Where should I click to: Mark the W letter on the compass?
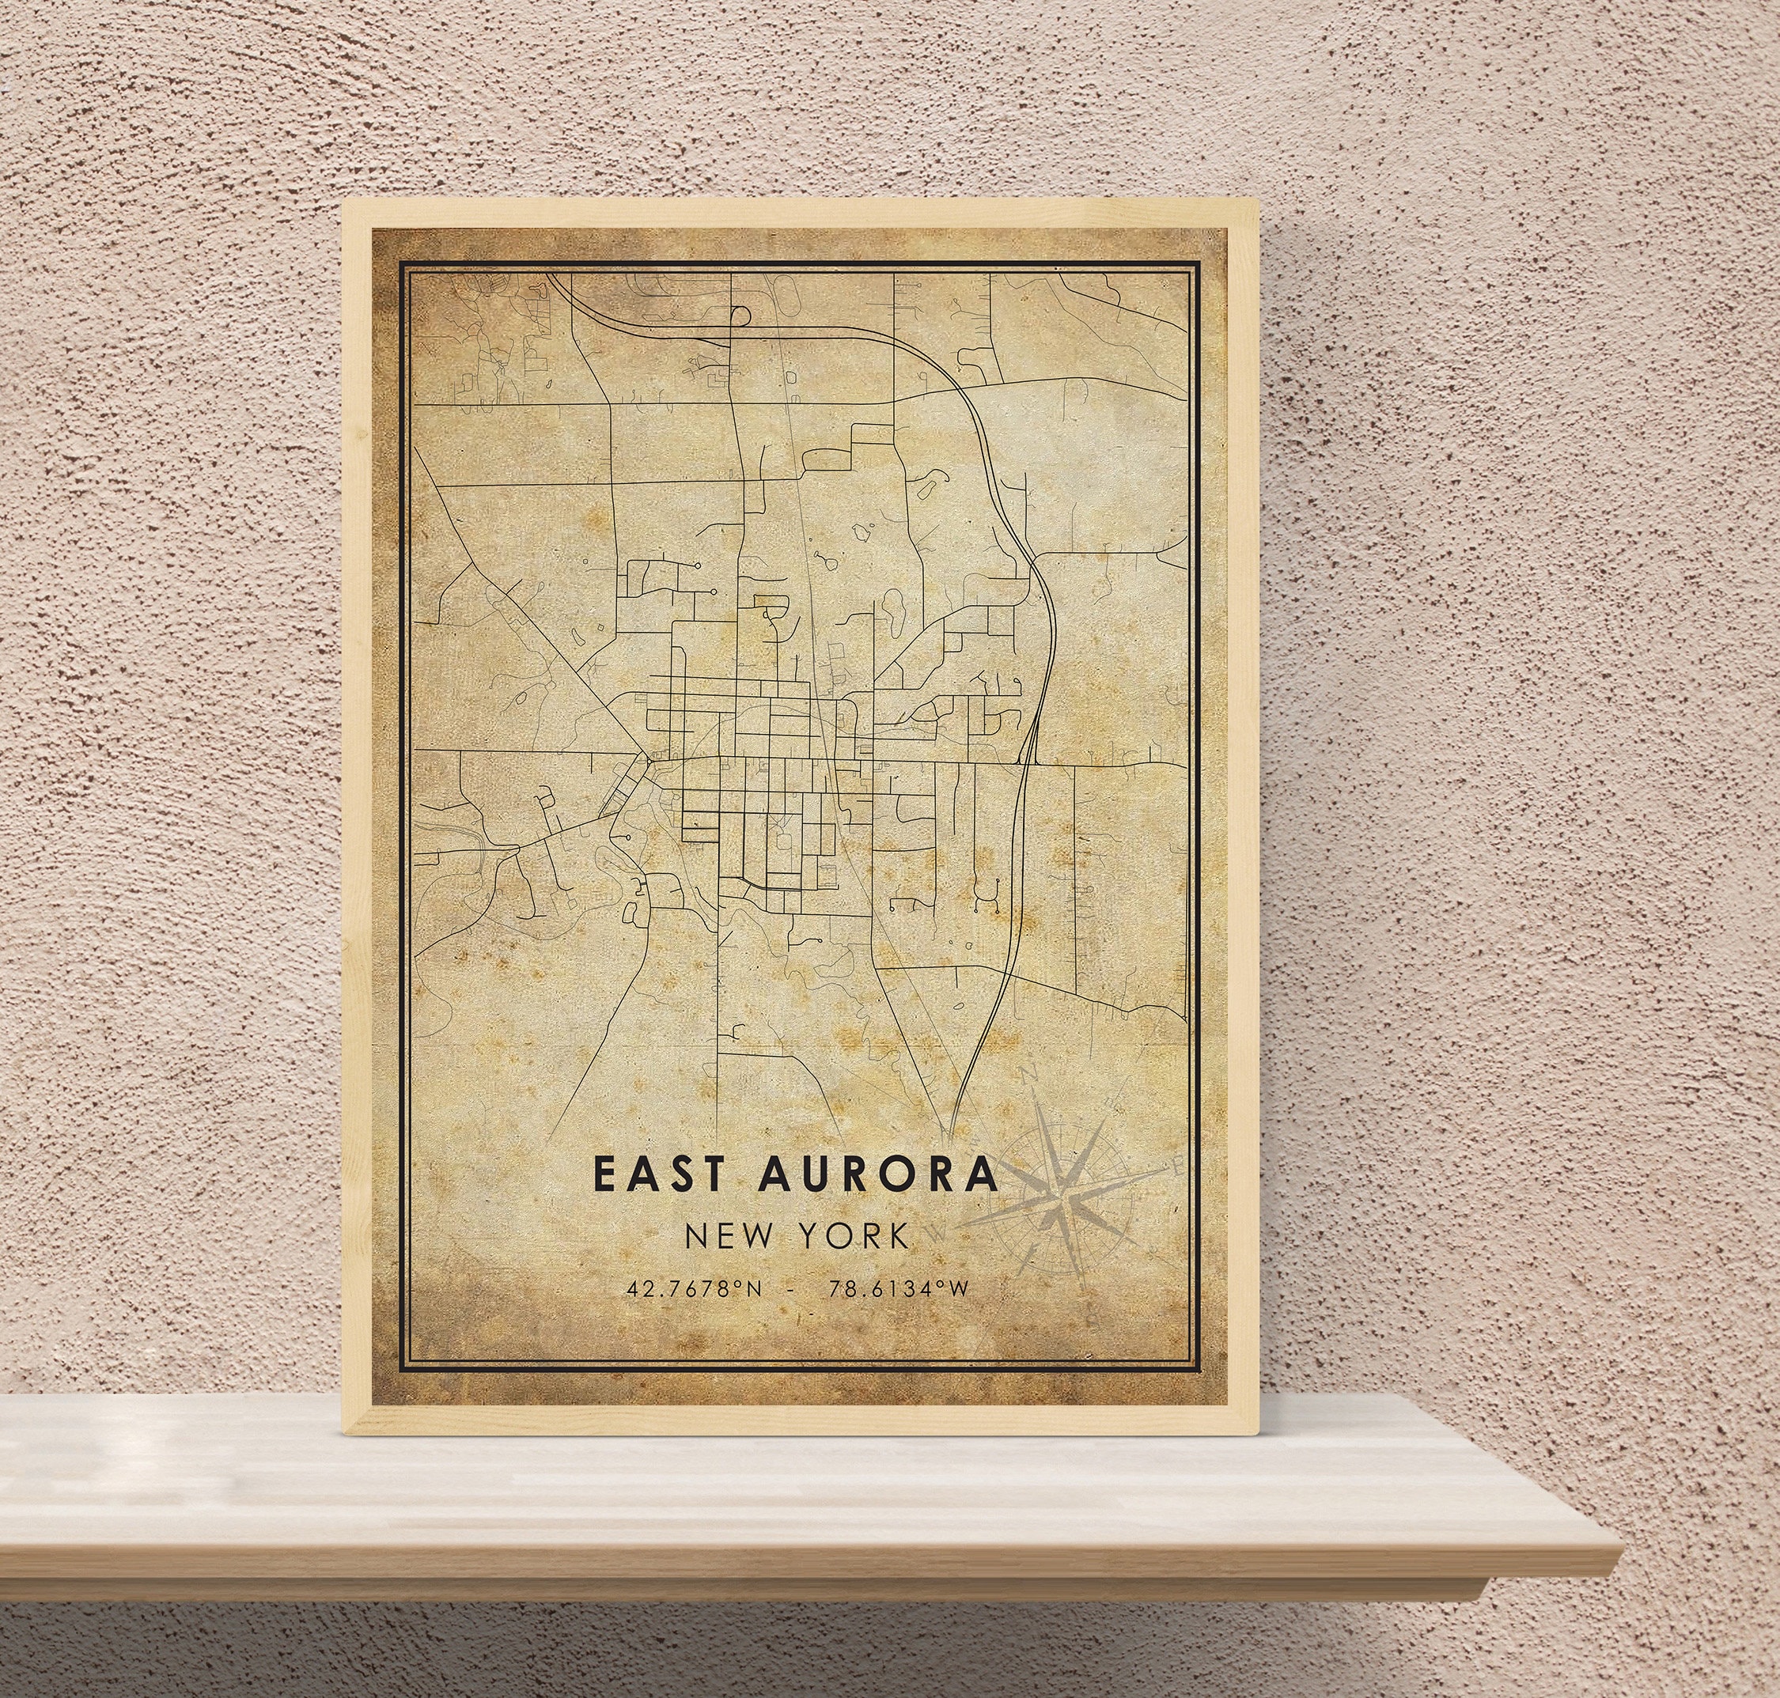coord(939,1232)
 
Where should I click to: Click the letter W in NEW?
coord(755,1235)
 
